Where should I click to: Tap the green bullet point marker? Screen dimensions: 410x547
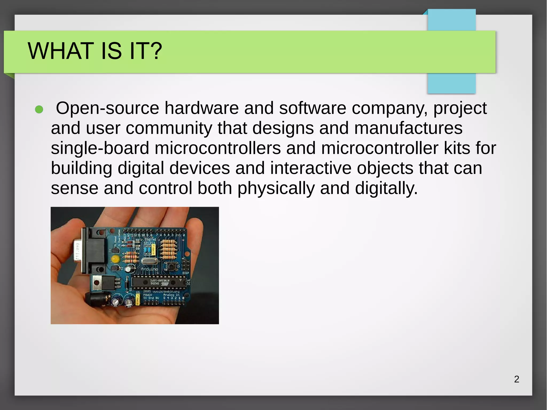39,110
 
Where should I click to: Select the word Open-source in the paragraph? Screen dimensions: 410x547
107,108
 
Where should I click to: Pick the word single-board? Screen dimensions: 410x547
100,148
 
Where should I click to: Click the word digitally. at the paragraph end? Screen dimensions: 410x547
386,188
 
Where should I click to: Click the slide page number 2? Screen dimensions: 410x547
517,379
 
